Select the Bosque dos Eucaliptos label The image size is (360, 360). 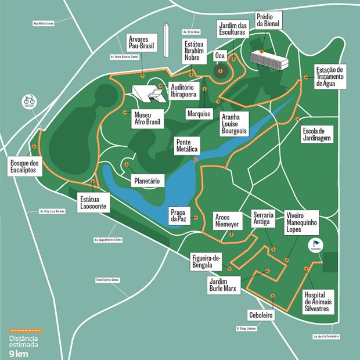24,167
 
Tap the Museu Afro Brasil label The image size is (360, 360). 147,118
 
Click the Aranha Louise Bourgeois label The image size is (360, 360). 234,124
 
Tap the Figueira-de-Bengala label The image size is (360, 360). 206,262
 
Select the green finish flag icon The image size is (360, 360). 316,244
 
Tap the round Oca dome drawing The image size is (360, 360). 220,72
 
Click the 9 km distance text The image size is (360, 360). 18,353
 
